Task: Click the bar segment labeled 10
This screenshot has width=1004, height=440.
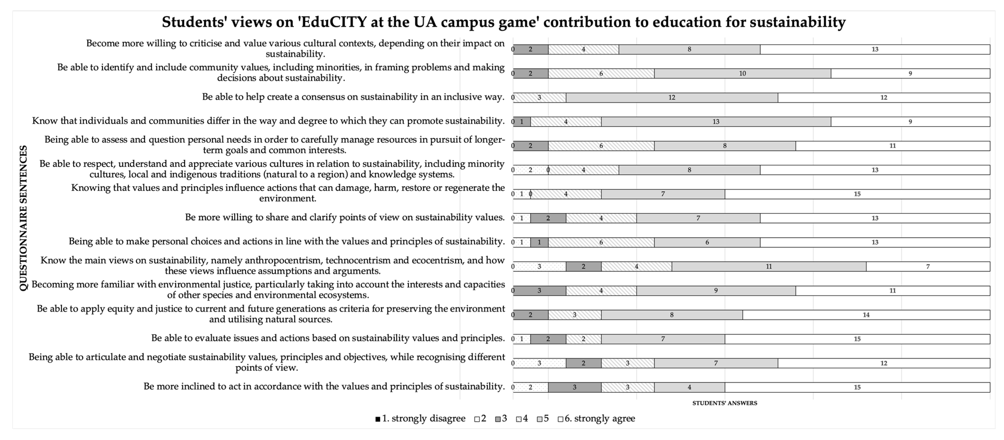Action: click(x=742, y=73)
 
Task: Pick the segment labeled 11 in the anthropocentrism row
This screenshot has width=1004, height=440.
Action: click(x=769, y=266)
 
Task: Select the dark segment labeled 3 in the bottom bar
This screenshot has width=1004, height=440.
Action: click(x=575, y=387)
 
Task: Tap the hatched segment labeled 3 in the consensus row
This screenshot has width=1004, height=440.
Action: click(x=539, y=98)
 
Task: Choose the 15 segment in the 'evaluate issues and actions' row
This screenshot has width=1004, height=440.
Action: click(x=857, y=339)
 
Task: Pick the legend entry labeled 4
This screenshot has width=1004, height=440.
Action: click(x=522, y=418)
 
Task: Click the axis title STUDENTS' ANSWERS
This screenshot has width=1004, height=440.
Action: click(x=724, y=403)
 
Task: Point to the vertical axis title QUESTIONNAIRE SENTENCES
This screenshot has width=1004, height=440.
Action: click(x=23, y=218)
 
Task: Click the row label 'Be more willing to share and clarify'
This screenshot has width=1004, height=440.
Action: click(x=344, y=217)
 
